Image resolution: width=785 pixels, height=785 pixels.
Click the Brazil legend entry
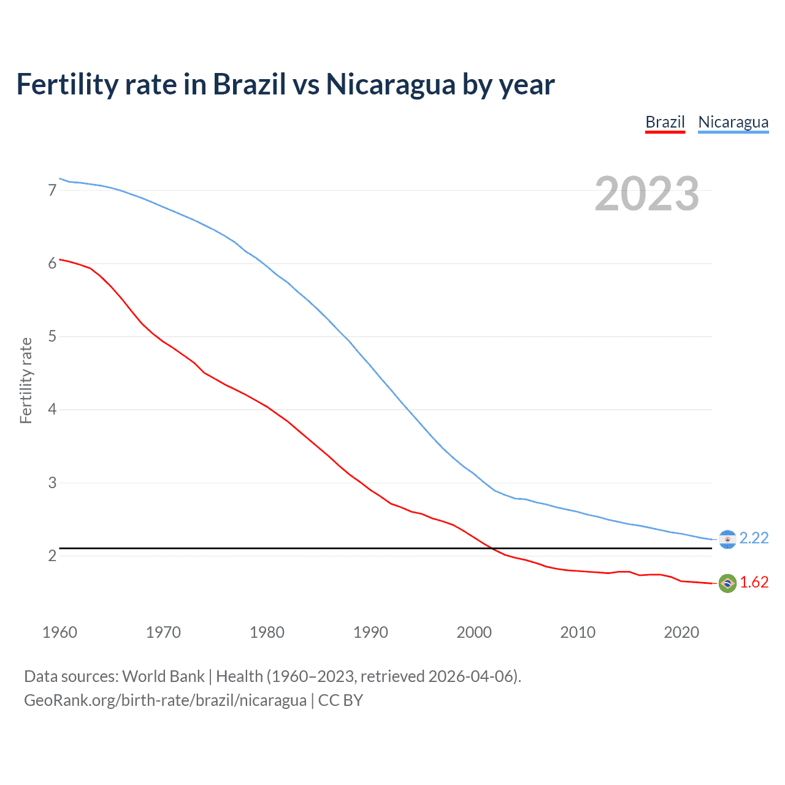665,122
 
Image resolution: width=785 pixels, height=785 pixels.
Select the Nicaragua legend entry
733,122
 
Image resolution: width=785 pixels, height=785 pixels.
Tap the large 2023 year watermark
646,194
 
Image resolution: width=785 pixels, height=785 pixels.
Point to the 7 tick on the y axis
52,190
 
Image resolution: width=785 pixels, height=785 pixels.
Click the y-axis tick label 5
52,336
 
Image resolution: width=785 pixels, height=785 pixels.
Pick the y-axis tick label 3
52,483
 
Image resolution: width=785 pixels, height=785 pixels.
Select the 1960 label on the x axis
59,632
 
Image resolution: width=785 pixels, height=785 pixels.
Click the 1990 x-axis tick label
370,632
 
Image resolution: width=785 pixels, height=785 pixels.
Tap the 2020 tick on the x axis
681,632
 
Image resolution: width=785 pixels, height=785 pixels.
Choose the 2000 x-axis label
474,632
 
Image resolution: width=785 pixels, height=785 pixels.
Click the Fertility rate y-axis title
26,380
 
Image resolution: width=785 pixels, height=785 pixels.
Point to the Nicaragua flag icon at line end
727,539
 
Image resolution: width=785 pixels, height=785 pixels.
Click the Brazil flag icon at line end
727,583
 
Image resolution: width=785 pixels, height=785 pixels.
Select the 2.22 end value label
754,538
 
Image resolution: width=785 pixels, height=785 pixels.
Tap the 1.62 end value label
754,582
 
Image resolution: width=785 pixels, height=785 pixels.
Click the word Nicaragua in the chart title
391,84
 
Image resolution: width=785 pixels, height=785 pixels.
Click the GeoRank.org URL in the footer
165,700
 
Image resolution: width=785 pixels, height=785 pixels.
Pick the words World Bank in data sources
163,676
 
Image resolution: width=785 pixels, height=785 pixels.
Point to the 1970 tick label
163,632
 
